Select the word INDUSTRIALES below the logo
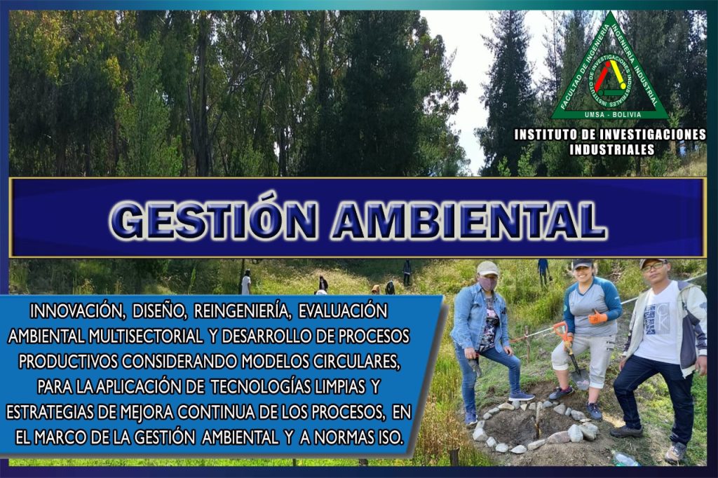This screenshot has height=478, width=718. (x=611, y=149)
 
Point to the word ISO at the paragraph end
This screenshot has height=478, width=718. (x=390, y=438)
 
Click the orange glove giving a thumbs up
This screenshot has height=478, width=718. (x=597, y=317)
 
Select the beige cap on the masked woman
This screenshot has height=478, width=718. (x=487, y=268)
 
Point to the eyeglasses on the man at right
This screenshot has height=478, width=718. (x=653, y=268)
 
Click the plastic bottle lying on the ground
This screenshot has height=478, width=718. (x=624, y=459)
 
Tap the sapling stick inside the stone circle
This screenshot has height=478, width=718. (x=538, y=421)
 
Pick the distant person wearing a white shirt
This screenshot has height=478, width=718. (x=246, y=283)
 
